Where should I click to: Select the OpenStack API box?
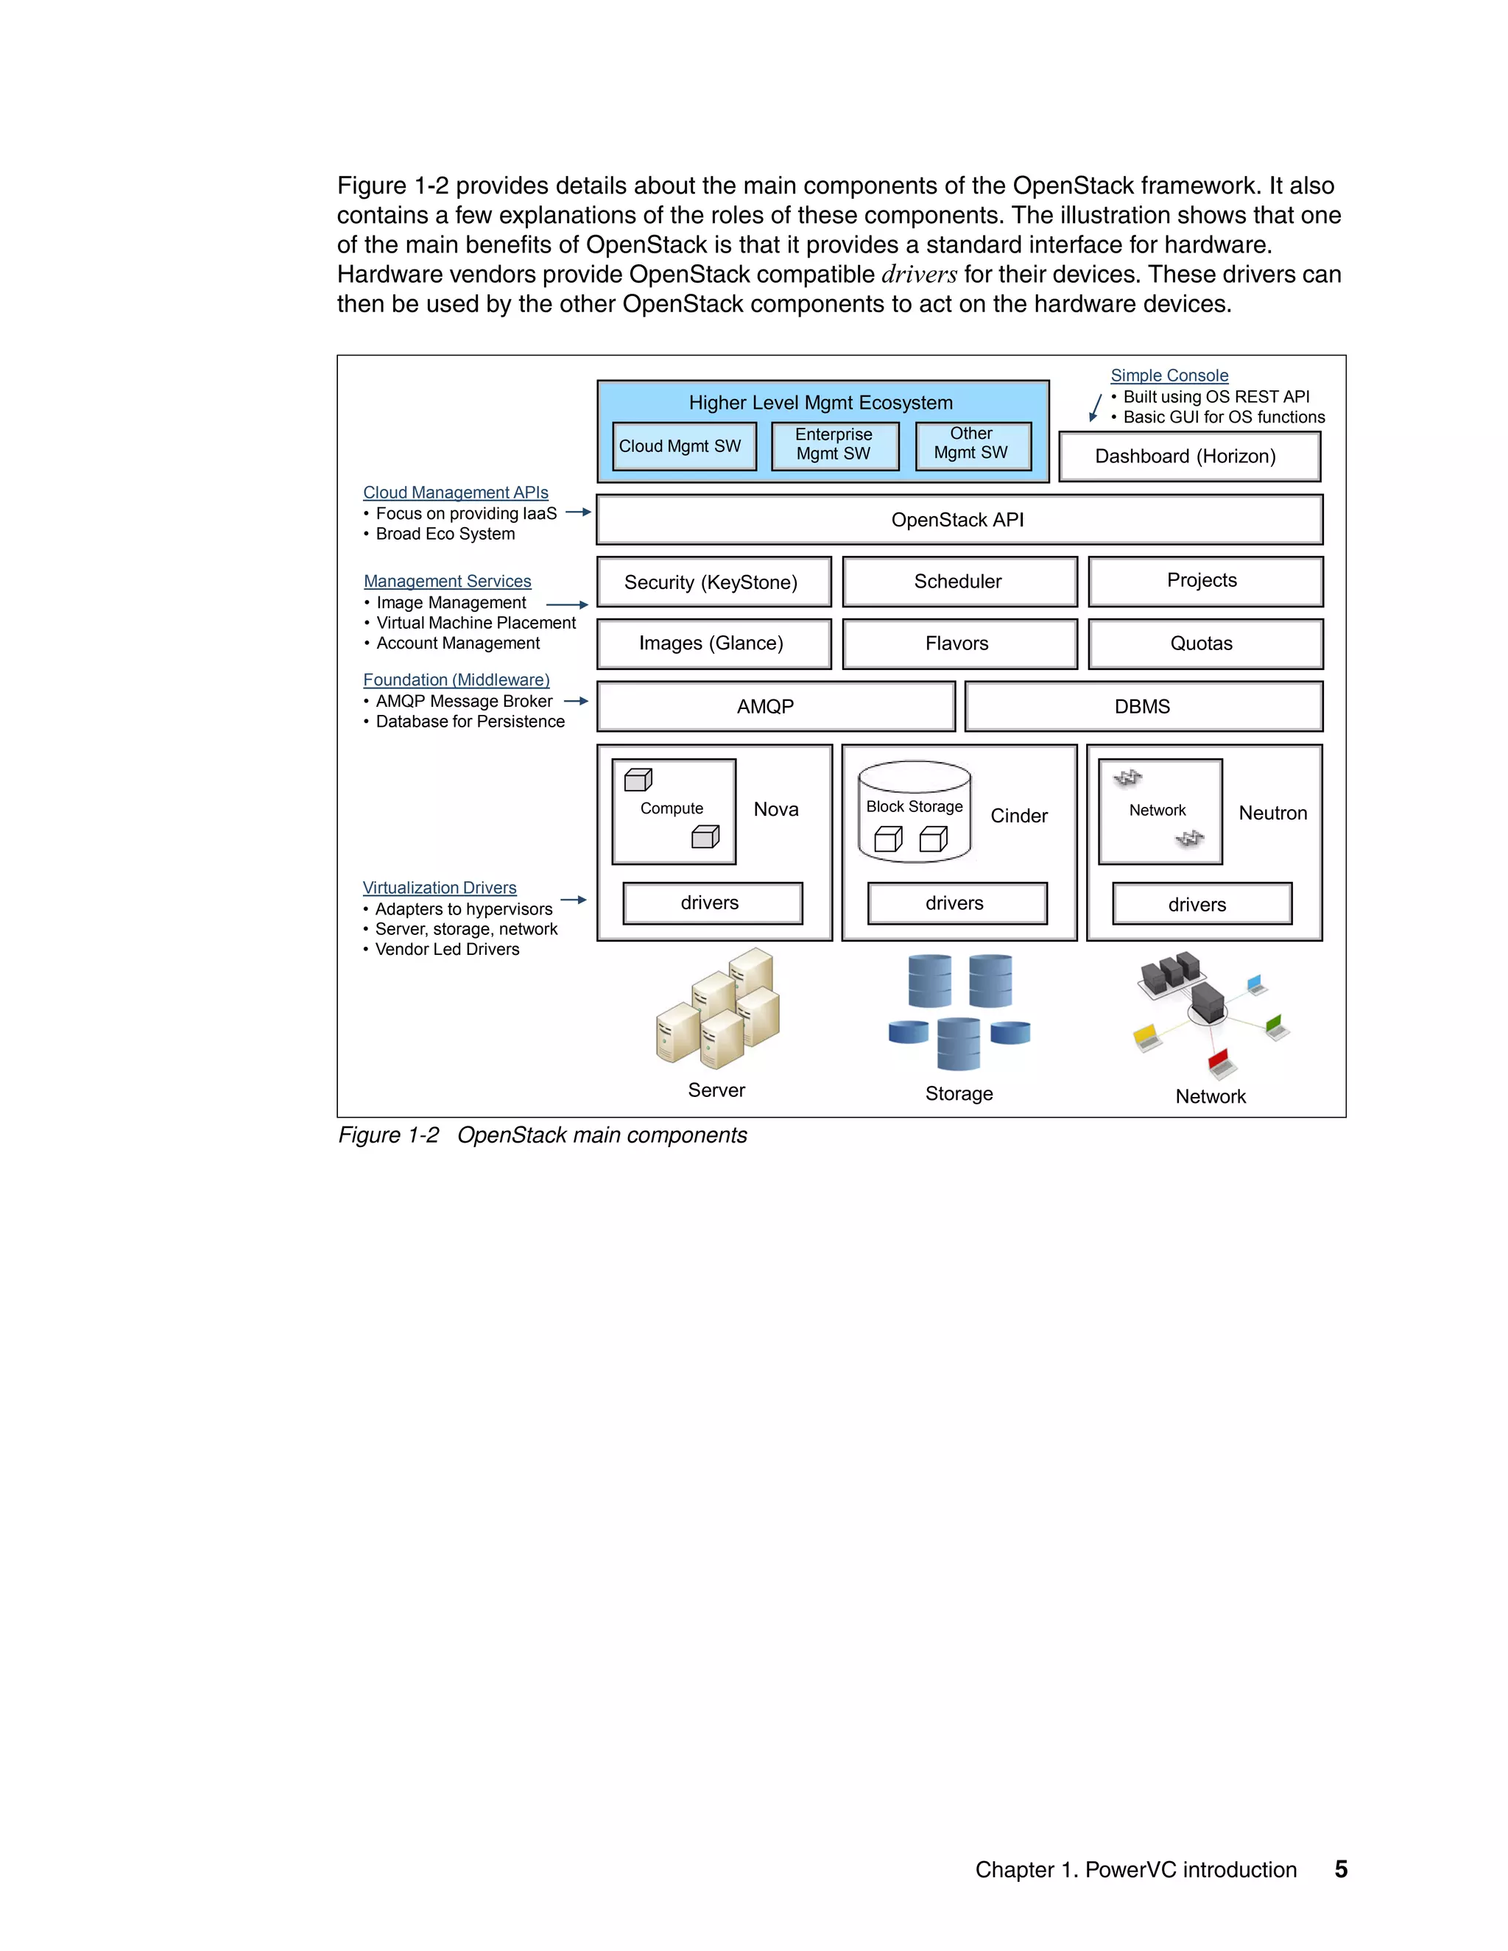[x=959, y=520]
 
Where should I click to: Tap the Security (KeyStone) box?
[x=713, y=582]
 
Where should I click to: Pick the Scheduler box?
[x=959, y=582]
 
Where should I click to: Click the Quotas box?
[x=1204, y=643]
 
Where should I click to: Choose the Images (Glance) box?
[x=713, y=643]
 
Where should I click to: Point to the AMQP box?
[x=775, y=707]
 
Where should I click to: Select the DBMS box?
[x=1143, y=707]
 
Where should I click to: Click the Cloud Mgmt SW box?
[x=683, y=445]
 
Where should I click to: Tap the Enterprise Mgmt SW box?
[x=834, y=445]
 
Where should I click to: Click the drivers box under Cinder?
[x=956, y=903]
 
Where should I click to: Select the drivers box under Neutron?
[x=1201, y=904]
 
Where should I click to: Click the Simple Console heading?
[x=1169, y=376]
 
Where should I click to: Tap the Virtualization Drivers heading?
[x=440, y=888]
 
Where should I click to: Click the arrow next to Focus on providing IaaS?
[x=578, y=512]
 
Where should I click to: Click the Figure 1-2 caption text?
[x=542, y=1135]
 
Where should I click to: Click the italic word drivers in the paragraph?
[x=918, y=275]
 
